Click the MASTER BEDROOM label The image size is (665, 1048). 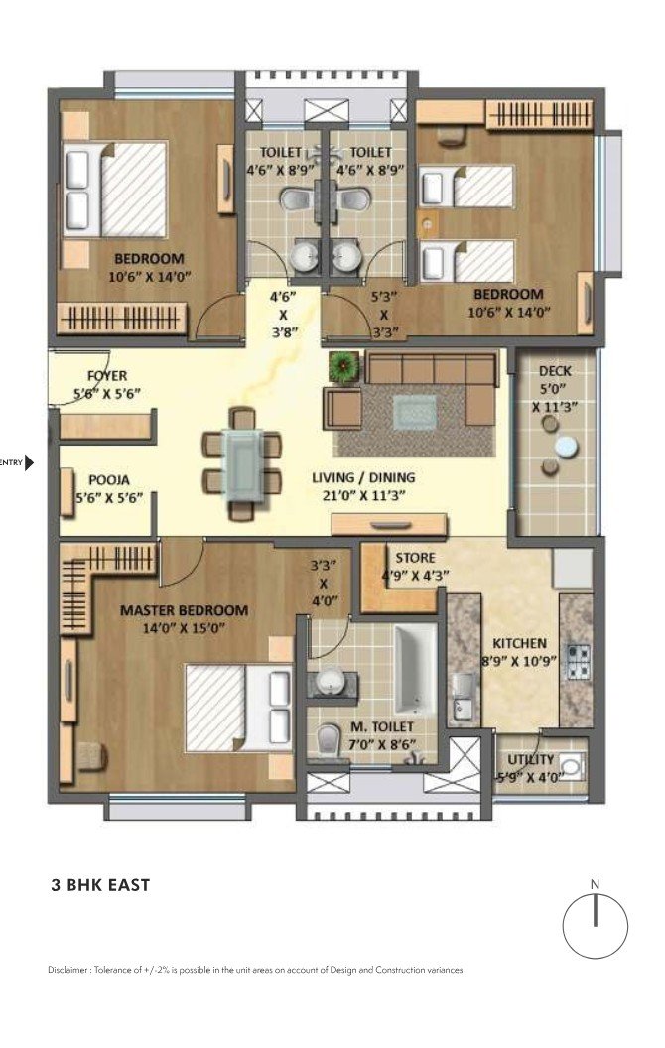pos(184,610)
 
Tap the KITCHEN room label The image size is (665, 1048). pos(519,643)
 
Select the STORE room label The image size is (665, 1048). pos(415,558)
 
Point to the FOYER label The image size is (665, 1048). pos(107,375)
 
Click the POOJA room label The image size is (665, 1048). pos(109,480)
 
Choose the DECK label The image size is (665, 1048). pos(555,371)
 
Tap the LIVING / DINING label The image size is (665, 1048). pos(363,478)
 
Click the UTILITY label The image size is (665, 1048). pos(530,760)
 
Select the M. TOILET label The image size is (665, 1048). pos(382,726)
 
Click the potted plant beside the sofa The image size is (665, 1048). pos(343,365)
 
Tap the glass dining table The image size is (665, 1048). pos(241,463)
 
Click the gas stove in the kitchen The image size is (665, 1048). pos(579,661)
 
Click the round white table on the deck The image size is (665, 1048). pos(566,446)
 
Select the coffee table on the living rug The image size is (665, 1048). pos(414,412)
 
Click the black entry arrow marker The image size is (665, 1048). pos(29,461)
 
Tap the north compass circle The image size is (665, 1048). pos(595,926)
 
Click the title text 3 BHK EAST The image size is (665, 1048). pos(101,885)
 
